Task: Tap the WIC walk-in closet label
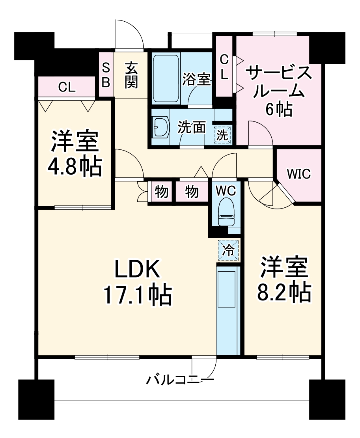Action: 298,173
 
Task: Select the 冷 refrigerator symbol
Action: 229,250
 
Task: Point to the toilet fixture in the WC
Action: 226,213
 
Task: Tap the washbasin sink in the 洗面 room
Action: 160,127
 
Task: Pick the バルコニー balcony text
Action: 180,380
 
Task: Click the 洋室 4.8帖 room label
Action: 75,155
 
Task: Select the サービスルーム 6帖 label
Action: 279,91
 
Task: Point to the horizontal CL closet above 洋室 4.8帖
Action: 67,87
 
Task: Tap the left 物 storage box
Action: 161,192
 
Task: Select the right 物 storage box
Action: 192,192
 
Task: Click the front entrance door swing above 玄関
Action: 129,35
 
